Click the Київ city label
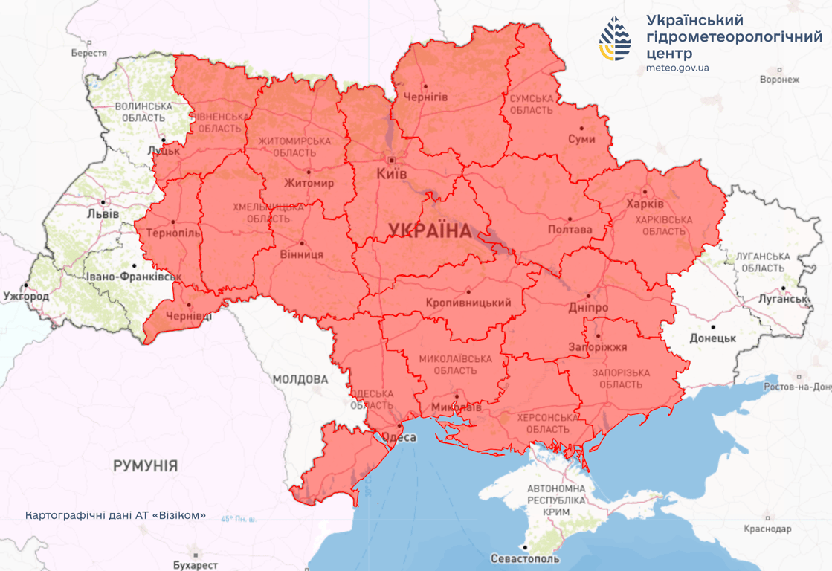coord(393,174)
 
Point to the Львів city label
coord(103,213)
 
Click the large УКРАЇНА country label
coord(430,231)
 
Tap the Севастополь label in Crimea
coord(525,558)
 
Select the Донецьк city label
coord(712,338)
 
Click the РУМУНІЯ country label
coord(146,466)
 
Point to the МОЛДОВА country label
coord(300,379)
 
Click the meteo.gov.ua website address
coord(677,68)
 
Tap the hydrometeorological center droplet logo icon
coord(616,38)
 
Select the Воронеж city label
coord(780,80)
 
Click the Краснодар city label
coord(767,529)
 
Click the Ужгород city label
coord(25,297)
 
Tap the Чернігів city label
coord(425,97)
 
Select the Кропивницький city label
coord(468,303)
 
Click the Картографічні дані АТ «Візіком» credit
coord(115,515)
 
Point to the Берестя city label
coord(89,54)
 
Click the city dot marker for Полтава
coord(570,219)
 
